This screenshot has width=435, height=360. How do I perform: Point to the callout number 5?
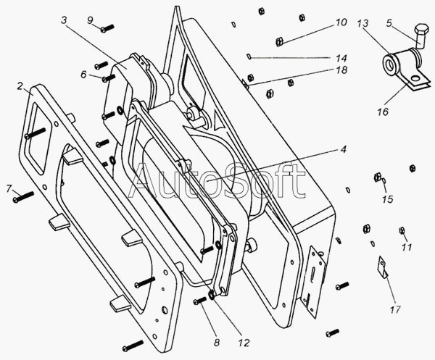390,22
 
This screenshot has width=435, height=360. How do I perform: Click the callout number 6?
84,75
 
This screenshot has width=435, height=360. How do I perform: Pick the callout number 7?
9,189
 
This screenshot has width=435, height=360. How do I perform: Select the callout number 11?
406,247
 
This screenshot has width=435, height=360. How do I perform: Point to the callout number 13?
361,24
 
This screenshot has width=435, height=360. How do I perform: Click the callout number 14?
340,56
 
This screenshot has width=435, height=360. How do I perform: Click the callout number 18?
340,70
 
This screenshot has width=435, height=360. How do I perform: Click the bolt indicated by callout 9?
107,28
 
